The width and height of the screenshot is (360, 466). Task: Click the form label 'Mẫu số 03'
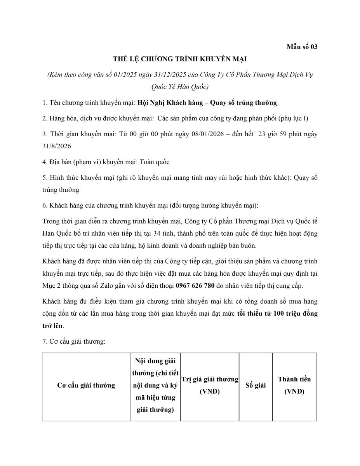(x=302, y=47)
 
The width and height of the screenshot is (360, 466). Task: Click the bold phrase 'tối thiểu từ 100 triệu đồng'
(x=277, y=313)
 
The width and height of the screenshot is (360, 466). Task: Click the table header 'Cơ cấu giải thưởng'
(x=86, y=386)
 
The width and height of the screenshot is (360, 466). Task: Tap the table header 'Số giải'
(x=256, y=386)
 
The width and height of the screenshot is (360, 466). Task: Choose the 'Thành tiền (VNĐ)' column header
(x=294, y=386)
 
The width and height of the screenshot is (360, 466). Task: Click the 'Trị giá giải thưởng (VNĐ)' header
(x=210, y=386)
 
